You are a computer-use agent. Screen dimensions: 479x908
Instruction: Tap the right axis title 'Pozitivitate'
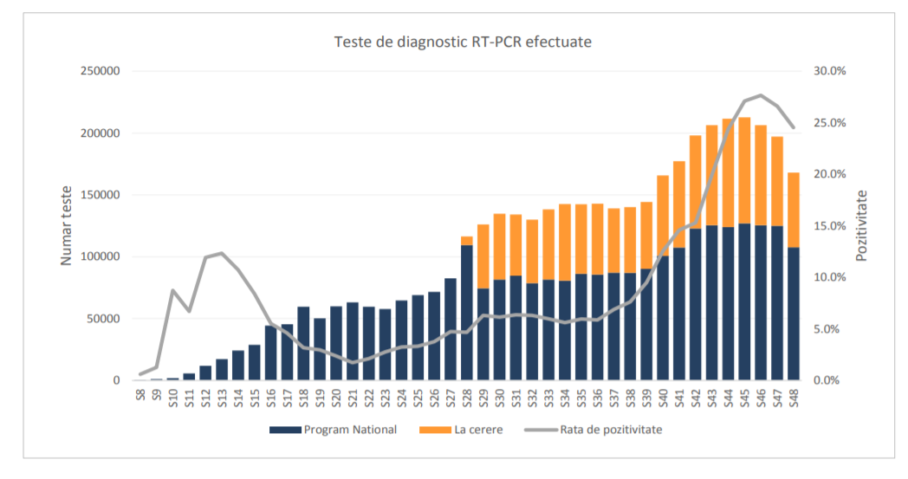[861, 225]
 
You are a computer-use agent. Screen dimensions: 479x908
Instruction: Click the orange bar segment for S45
[744, 170]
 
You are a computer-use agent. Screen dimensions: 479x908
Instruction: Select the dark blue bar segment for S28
[467, 312]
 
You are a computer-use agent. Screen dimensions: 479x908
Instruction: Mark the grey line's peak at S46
[761, 95]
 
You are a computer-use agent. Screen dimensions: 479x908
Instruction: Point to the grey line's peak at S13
[222, 253]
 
